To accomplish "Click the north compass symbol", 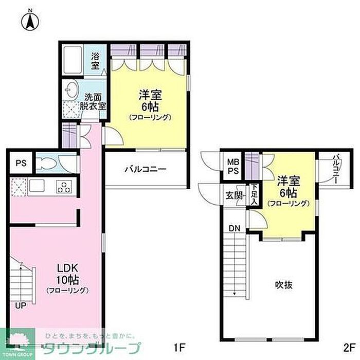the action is pos(30,21).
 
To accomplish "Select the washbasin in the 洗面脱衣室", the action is pos(71,90).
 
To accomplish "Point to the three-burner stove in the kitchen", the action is pos(64,186).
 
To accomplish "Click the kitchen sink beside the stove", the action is pos(37,185).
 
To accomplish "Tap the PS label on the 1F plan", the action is pos(21,163).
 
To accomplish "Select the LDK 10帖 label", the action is pos(67,278).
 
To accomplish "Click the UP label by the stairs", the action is pos(21,305).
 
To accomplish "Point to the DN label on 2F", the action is pos(235,228).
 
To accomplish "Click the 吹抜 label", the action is pos(284,285).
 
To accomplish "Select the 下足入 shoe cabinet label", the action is pos(254,194).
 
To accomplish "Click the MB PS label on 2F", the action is pos(233,166).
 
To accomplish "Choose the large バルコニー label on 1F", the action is pos(146,169).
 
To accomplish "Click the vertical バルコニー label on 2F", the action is pos(336,169).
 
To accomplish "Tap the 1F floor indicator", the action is pos(179,348).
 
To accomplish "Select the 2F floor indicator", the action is pos(349,348).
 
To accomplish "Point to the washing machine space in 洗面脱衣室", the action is pos(71,109).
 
